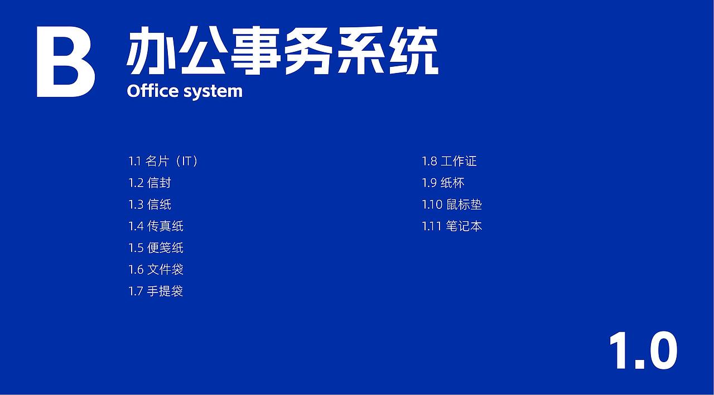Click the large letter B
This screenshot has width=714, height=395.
(x=65, y=62)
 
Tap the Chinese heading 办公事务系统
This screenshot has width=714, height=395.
(x=282, y=51)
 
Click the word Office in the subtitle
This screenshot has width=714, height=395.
(x=152, y=91)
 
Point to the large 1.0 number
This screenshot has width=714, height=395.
(x=643, y=350)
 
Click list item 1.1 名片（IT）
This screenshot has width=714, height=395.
(x=163, y=162)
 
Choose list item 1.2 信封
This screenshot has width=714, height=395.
(x=149, y=183)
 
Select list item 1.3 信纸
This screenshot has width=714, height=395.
(x=149, y=204)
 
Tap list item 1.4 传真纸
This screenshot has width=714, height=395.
(x=156, y=226)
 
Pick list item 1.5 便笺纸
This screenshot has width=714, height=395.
(x=156, y=248)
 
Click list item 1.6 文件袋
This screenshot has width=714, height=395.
(x=156, y=270)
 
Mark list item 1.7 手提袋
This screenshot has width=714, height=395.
(x=156, y=291)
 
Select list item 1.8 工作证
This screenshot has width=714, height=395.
(x=449, y=162)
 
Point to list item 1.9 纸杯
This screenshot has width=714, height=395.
(x=443, y=183)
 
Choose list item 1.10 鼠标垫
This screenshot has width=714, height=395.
(x=452, y=204)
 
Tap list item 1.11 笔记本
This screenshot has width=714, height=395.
(x=452, y=226)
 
